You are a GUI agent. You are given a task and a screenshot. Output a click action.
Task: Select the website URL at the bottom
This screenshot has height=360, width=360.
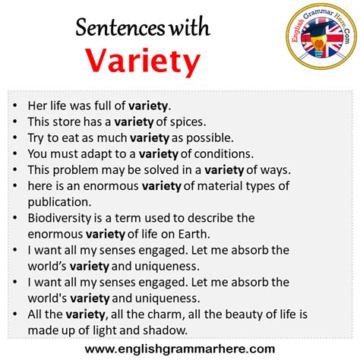coord(180,348)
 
